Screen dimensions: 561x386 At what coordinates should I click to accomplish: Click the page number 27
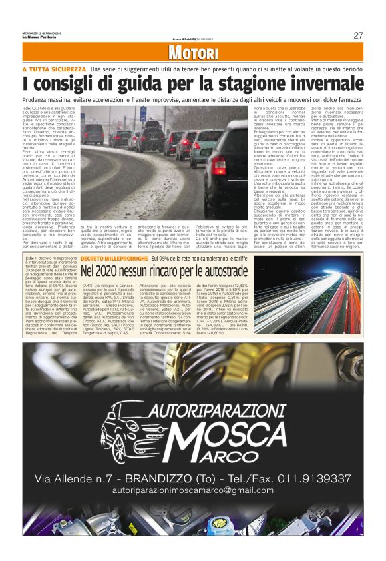pyautogui.click(x=357, y=35)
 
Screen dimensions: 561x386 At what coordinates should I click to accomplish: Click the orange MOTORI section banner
pyautogui.click(x=193, y=54)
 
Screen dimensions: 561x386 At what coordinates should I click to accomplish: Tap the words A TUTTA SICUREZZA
pyautogui.click(x=54, y=69)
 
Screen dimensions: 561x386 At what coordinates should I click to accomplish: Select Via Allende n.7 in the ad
pyautogui.click(x=80, y=478)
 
